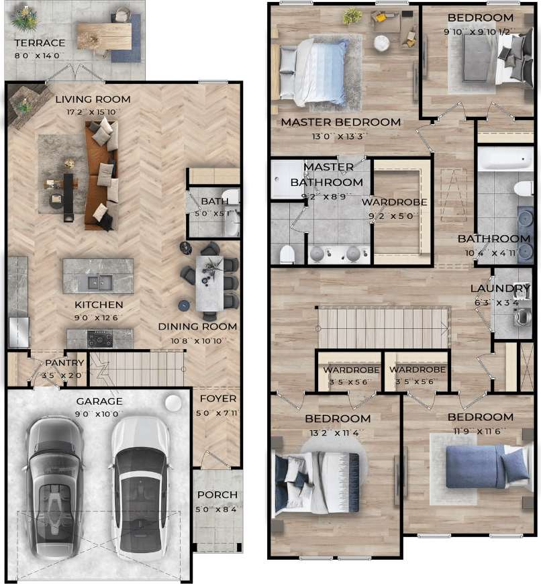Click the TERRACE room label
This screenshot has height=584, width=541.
[x=40, y=43]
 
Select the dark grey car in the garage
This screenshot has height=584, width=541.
[x=55, y=483]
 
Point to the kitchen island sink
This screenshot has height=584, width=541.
[x=97, y=282]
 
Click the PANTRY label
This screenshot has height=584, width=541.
[x=64, y=363]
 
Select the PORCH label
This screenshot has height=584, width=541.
[x=217, y=495]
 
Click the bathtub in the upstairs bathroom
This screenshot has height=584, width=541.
[x=505, y=158]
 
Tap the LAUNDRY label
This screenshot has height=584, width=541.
[x=501, y=289]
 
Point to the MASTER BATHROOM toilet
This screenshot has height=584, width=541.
[x=287, y=254]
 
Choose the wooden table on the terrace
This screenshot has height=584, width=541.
[x=104, y=36]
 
